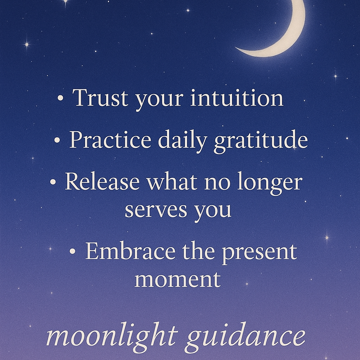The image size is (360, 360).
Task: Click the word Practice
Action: [110, 140]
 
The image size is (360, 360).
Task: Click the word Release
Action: [102, 182]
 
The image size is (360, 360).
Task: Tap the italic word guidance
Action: [245, 337]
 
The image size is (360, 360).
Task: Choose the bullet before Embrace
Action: [73, 252]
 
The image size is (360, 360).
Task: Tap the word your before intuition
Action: [160, 99]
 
